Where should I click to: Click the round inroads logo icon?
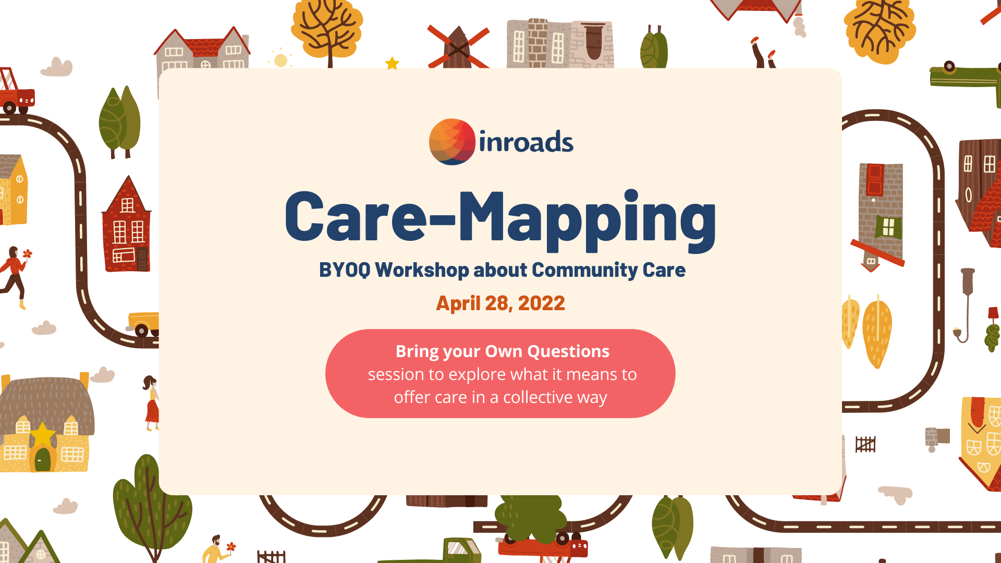tap(452, 142)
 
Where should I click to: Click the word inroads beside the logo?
tap(526, 142)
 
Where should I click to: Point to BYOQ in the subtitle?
tap(345, 270)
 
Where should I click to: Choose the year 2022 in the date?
tap(541, 303)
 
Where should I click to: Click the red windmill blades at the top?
tap(458, 47)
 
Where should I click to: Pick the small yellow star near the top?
tap(392, 63)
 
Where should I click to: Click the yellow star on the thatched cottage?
tap(43, 434)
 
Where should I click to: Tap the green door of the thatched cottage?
tap(43, 459)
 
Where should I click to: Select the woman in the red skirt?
tap(151, 403)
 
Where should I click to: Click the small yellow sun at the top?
tap(280, 60)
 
